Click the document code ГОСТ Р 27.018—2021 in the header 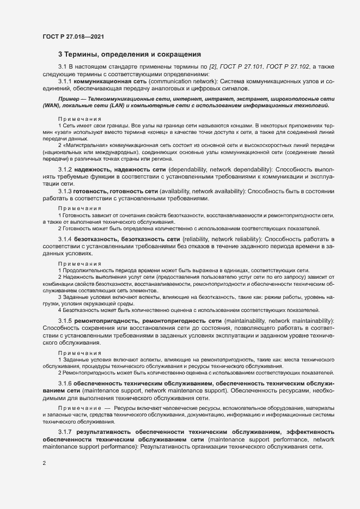(73, 36)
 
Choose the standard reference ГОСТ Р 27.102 (292, 66)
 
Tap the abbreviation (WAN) (51, 107)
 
